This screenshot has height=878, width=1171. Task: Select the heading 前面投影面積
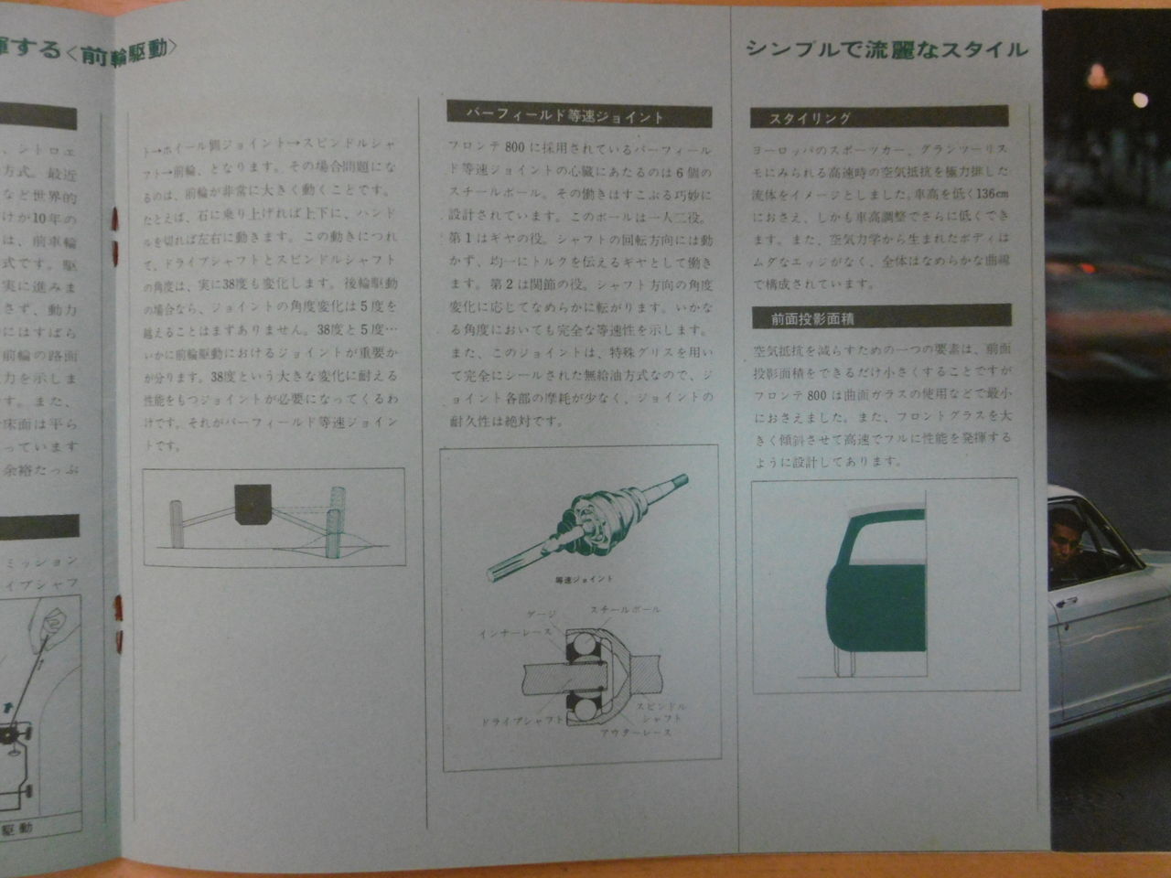804,319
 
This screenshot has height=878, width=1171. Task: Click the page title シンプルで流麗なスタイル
886,49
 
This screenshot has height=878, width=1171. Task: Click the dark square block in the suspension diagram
252,504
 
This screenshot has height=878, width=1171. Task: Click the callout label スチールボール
625,610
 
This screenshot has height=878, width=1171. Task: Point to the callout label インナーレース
515,632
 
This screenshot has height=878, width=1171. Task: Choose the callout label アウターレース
636,733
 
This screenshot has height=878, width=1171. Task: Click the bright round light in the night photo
1139,99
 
